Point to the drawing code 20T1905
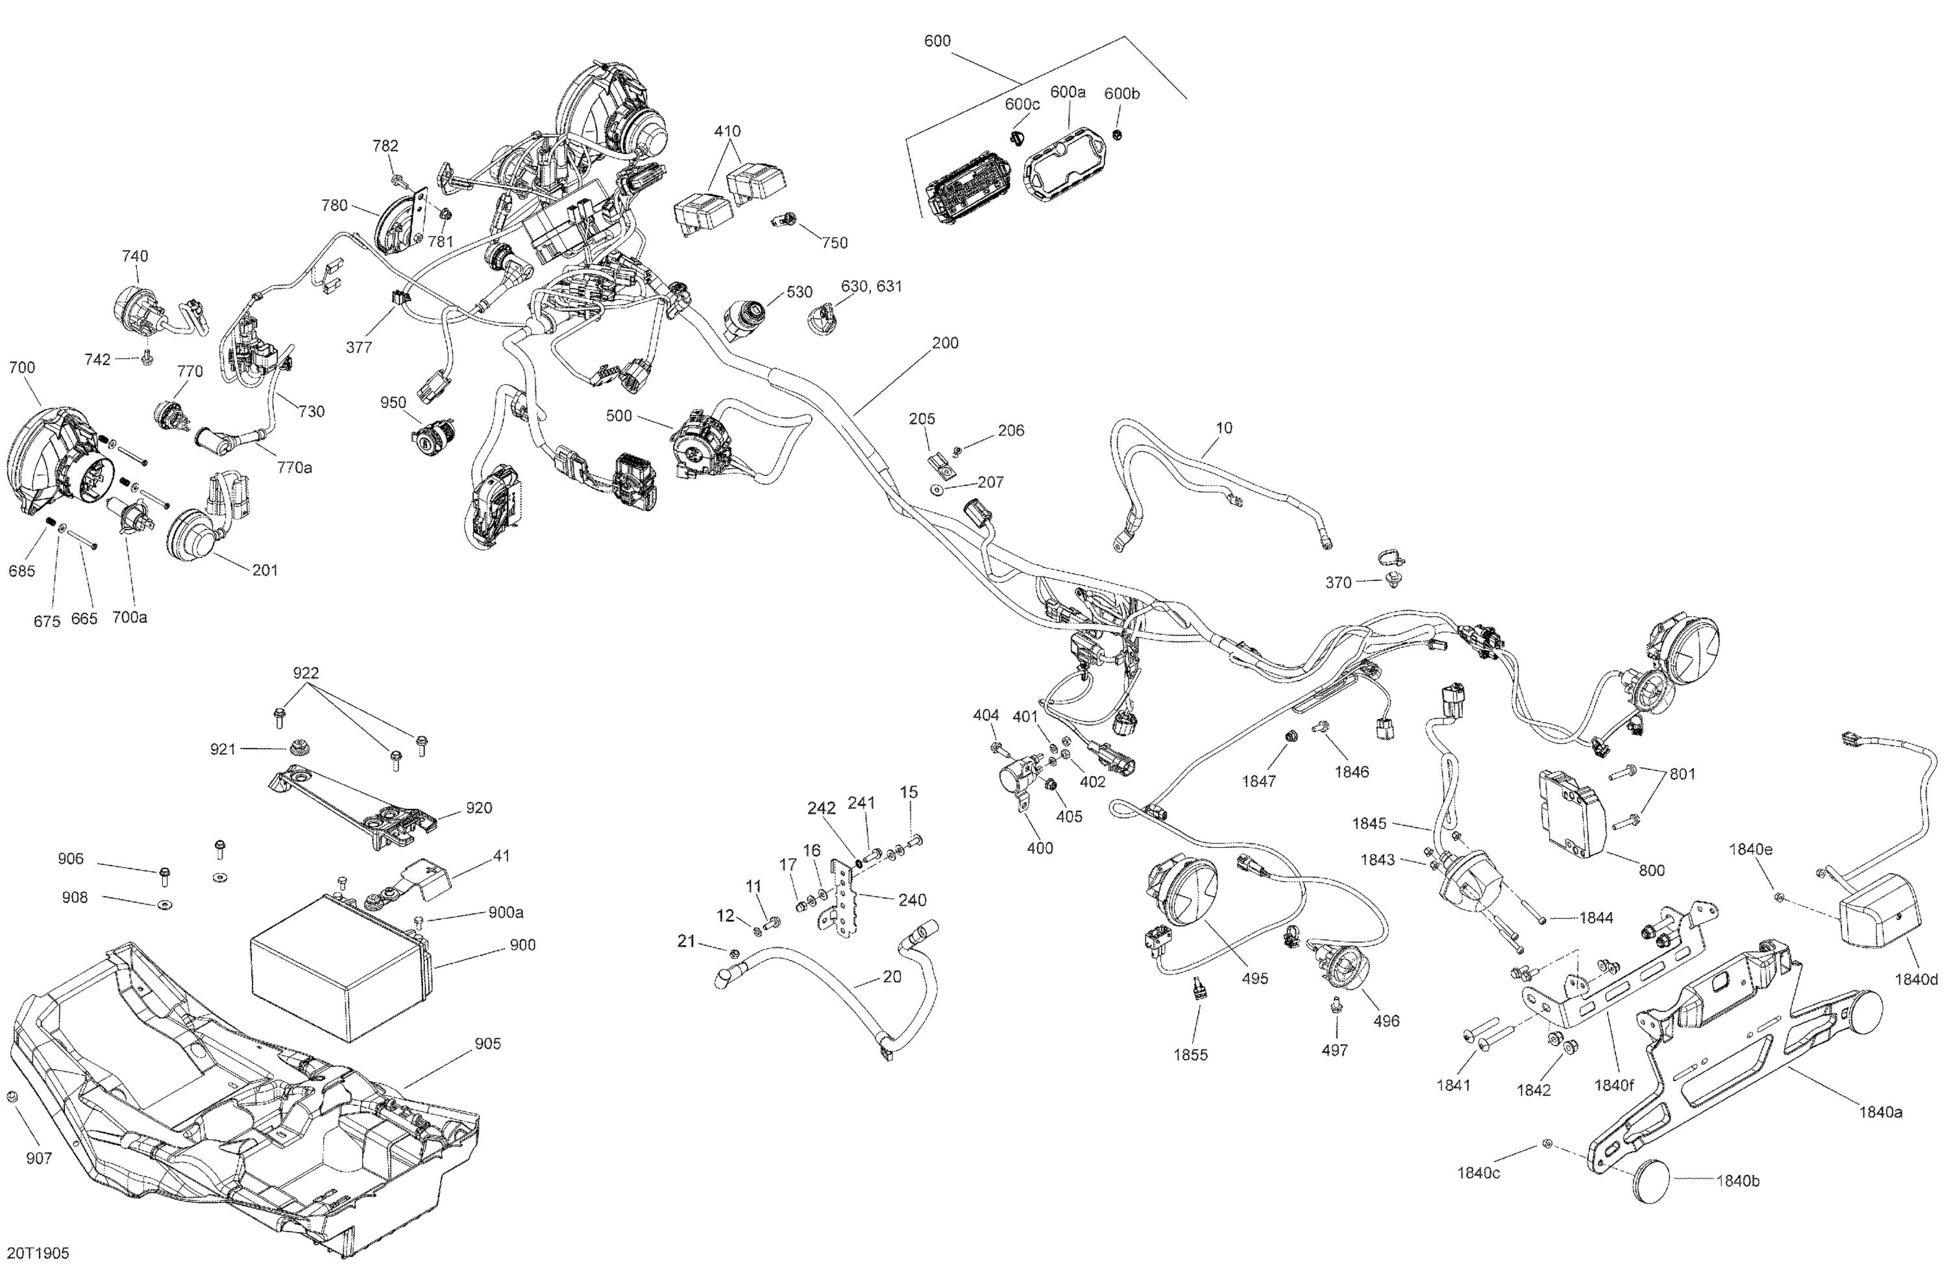pyautogui.click(x=38, y=1252)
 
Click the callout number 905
pyautogui.click(x=487, y=1043)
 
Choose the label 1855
pyautogui.click(x=1190, y=1054)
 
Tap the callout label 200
pyautogui.click(x=945, y=343)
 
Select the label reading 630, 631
pyautogui.click(x=871, y=286)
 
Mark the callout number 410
pyautogui.click(x=728, y=131)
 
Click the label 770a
pyautogui.click(x=295, y=467)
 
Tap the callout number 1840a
pyautogui.click(x=1880, y=1112)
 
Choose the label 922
pyautogui.click(x=306, y=673)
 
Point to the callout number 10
pyautogui.click(x=1224, y=428)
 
